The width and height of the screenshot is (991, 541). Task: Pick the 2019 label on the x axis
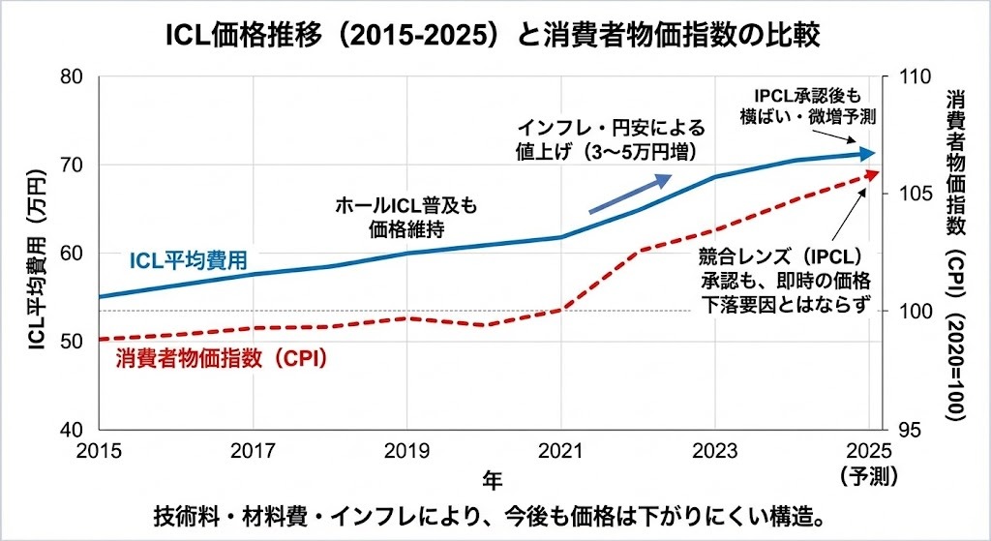405,452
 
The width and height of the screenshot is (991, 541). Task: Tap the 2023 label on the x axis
714,452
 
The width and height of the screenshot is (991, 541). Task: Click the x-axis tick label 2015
97,452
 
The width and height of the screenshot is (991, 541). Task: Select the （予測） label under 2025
869,475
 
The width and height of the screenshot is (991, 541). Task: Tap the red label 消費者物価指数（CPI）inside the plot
222,357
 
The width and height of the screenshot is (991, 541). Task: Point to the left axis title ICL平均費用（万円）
37,254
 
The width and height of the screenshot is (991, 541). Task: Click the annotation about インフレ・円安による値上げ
611,139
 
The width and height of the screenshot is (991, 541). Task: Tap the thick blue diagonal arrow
630,193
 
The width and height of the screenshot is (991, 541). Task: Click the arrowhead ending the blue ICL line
870,153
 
